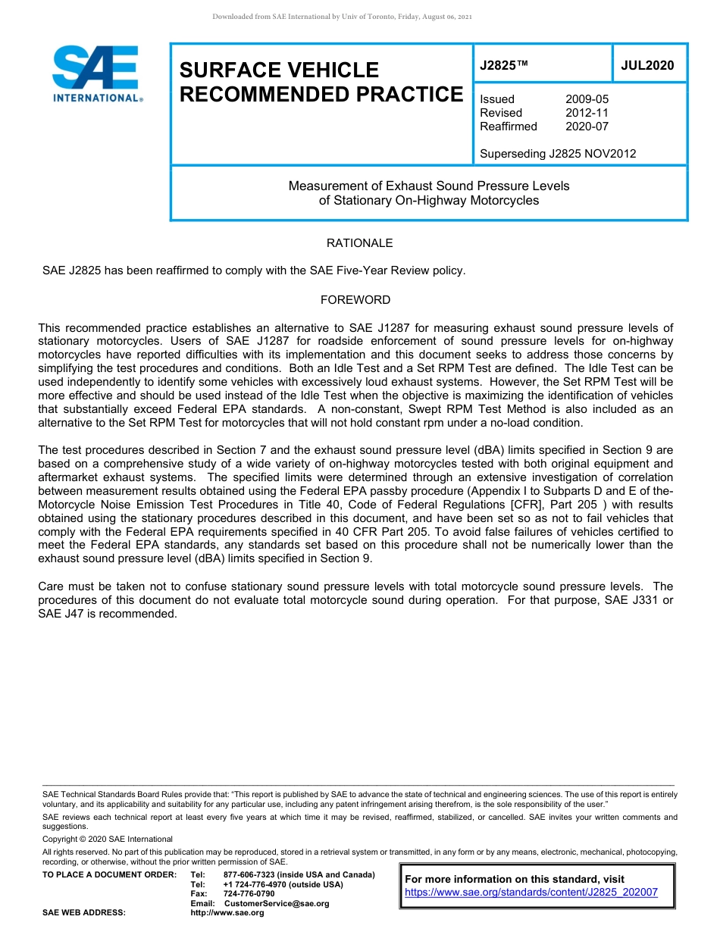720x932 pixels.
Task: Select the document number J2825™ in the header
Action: pos(503,66)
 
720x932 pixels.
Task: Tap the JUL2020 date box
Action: pos(647,66)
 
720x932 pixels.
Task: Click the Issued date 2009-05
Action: pos(587,99)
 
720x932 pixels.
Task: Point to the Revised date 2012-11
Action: pos(587,113)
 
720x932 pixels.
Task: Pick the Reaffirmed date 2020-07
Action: pos(587,127)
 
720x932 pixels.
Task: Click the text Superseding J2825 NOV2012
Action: pos(558,154)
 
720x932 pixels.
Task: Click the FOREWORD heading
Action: pos(355,300)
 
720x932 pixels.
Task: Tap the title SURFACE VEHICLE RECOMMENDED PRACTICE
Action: pos(321,82)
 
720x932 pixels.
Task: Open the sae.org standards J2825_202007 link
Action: pos(531,893)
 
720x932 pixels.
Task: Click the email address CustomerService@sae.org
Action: pos(277,903)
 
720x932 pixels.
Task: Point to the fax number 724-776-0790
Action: pos(249,893)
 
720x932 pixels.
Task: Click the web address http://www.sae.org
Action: pos(227,913)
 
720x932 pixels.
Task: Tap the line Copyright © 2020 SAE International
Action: pos(108,839)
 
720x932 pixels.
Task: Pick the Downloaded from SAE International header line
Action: pos(343,17)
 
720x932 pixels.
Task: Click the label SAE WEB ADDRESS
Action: pos(84,913)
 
